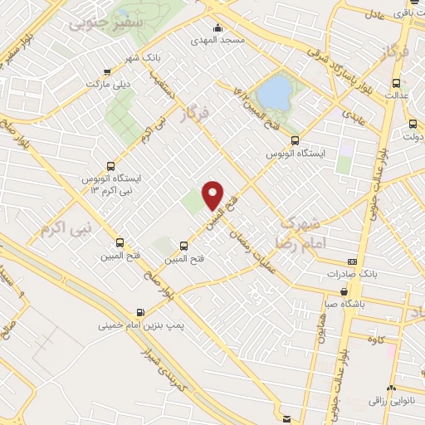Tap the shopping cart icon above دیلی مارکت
tap(105, 71)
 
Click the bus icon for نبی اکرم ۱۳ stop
tap(111, 166)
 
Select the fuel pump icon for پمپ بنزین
tap(139, 313)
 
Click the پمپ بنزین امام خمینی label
tap(127, 326)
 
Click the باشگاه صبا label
tap(346, 304)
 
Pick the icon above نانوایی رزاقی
tap(392, 388)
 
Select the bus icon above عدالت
tap(395, 83)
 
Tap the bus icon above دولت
tap(413, 122)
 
